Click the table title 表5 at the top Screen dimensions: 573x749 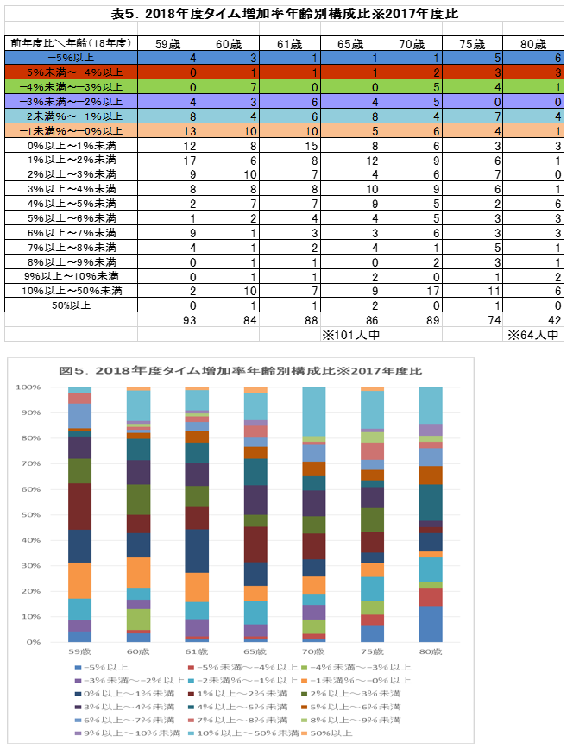point(285,14)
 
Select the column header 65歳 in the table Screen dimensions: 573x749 point(350,44)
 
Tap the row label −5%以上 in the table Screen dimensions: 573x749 point(72,58)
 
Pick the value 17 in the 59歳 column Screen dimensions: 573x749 point(190,160)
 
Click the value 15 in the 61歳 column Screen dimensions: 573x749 point(312,146)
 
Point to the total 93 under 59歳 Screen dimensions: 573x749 point(190,320)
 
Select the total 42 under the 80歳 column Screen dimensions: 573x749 point(555,320)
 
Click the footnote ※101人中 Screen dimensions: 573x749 point(350,335)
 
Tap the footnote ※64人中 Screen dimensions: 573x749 point(532,335)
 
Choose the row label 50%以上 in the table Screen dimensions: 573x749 point(72,305)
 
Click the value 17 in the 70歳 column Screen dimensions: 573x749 point(433,291)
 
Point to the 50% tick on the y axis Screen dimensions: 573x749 point(31,515)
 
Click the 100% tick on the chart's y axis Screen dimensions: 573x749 point(28,387)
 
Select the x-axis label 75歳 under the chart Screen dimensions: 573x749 point(372,651)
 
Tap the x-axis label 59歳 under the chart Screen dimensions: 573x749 point(79,651)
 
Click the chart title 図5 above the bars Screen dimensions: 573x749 point(241,371)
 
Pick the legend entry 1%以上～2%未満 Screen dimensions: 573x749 point(238,694)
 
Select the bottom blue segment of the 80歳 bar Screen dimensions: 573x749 point(431,624)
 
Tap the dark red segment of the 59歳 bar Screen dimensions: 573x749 point(79,507)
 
